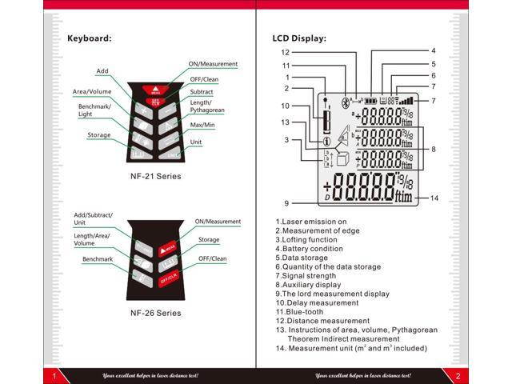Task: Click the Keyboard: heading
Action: click(89, 38)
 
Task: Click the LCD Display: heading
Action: click(300, 38)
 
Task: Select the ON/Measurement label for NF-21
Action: click(214, 64)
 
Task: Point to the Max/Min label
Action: click(202, 126)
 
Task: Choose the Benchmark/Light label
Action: click(95, 110)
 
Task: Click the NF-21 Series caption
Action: click(156, 175)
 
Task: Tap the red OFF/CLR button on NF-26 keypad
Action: click(169, 279)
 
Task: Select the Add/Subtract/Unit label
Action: click(94, 219)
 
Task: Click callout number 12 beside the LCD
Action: click(285, 51)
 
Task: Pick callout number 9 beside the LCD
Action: click(286, 203)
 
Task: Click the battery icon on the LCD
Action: click(370, 102)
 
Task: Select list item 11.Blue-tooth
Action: click(304, 312)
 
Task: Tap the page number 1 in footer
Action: click(53, 376)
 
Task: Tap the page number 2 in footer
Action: click(458, 376)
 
